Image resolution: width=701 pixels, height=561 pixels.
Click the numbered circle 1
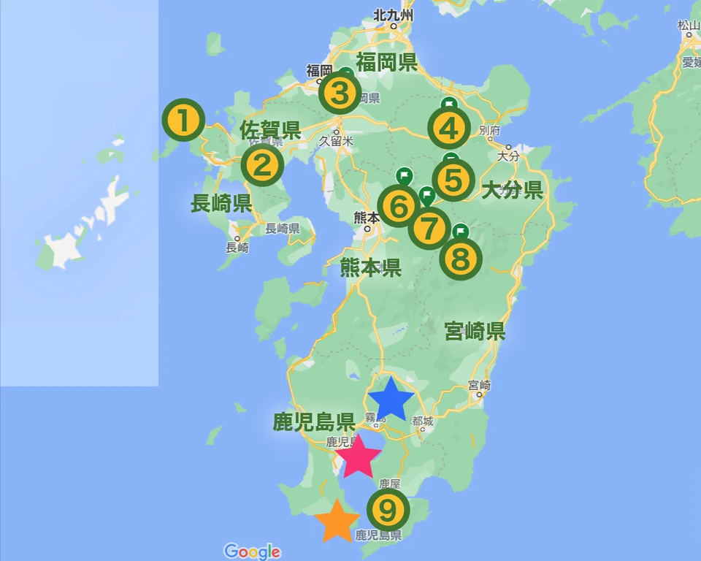click(184, 121)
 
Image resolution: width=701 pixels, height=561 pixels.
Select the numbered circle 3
click(340, 93)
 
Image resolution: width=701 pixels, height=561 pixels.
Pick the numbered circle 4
click(448, 129)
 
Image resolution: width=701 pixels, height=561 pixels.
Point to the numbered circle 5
click(453, 180)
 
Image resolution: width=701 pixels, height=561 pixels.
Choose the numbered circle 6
click(399, 207)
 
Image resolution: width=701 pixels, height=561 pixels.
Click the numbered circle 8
click(461, 259)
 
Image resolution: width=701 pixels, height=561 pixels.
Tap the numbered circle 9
click(387, 508)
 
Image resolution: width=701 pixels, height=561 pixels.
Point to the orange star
click(337, 522)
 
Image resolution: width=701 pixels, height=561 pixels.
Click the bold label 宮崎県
click(475, 332)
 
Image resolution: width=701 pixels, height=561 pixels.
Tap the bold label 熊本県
click(371, 267)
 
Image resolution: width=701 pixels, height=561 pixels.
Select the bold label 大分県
click(513, 191)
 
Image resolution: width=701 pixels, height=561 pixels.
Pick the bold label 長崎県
click(221, 203)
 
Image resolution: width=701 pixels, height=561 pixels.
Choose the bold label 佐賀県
click(270, 131)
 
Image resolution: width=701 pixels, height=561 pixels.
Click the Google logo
click(252, 552)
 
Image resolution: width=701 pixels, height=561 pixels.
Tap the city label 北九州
click(393, 15)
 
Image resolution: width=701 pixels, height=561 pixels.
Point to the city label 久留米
click(337, 141)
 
